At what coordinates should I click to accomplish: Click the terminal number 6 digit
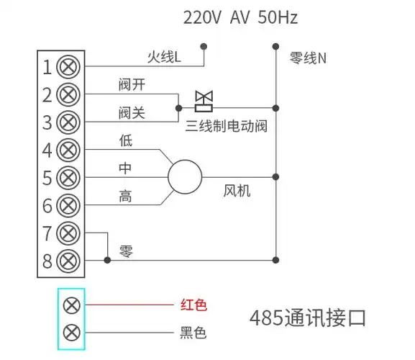[x=47, y=206]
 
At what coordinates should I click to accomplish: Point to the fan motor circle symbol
[x=186, y=176]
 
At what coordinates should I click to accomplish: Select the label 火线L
[x=163, y=55]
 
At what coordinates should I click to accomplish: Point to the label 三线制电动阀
[x=226, y=127]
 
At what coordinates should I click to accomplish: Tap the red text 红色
[x=192, y=305]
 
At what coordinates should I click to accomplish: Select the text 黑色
[x=192, y=333]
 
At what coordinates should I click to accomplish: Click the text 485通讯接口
[x=308, y=317]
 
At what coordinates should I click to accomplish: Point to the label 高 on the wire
[x=126, y=196]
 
